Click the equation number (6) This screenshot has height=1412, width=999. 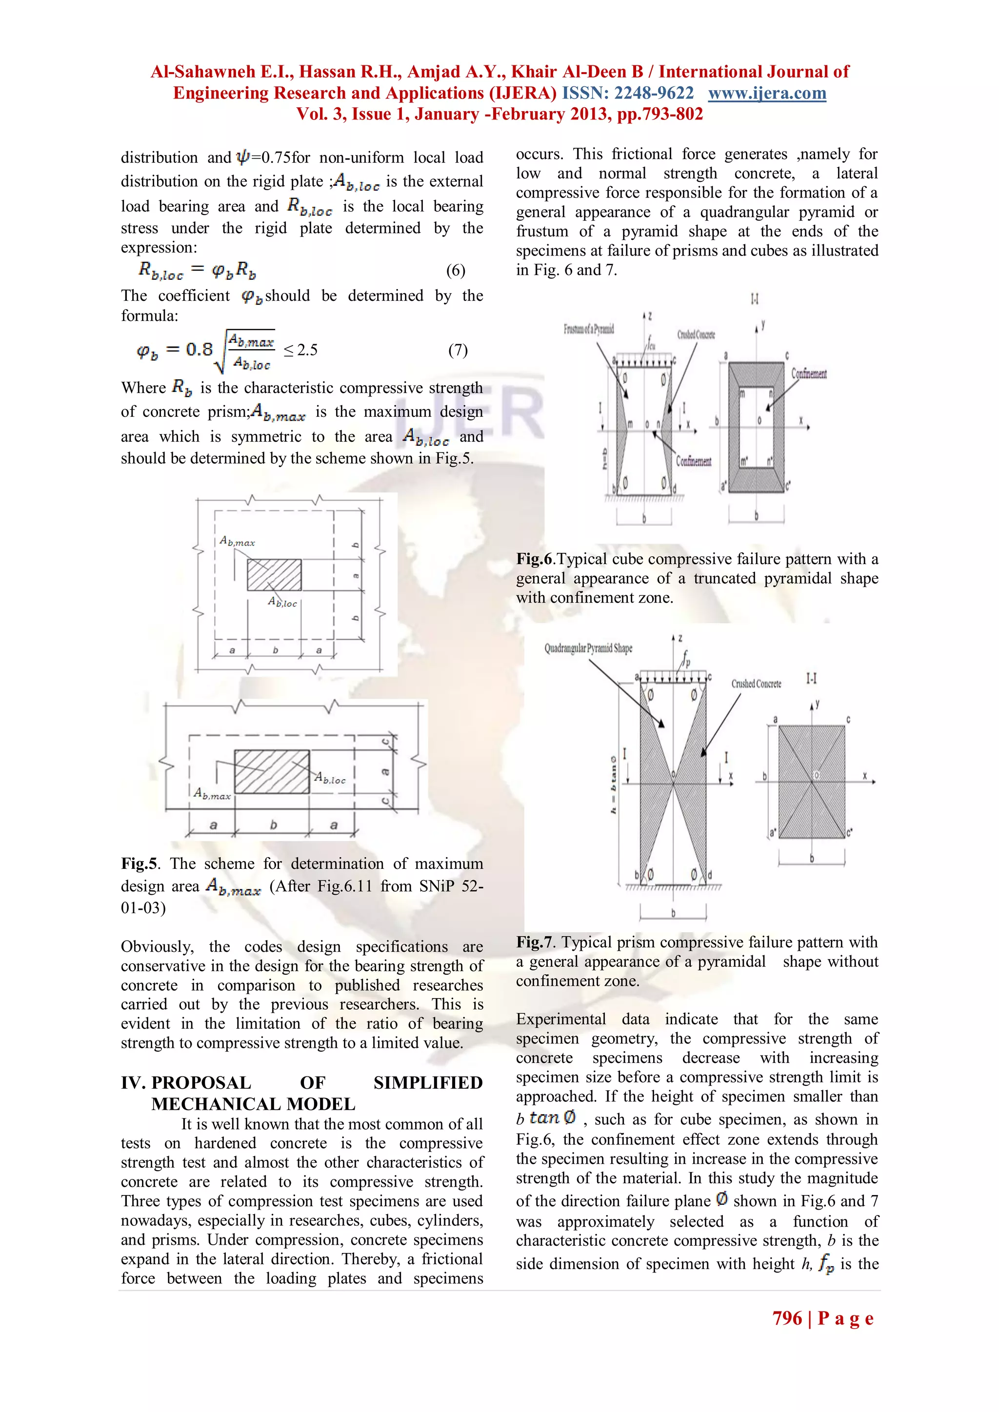pos(455,271)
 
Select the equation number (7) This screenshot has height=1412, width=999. pos(457,351)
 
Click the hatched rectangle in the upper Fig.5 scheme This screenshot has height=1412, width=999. pos(274,574)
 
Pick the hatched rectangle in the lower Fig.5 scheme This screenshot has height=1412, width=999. pos(271,771)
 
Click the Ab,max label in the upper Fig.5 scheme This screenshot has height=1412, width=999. pos(237,542)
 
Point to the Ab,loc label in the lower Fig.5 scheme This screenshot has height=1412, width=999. pos(330,779)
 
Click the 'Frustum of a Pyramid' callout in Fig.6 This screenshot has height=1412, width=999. pos(589,329)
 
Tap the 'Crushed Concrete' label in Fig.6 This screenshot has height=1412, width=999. pos(696,335)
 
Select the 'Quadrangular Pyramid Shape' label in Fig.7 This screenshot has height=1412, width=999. pos(588,648)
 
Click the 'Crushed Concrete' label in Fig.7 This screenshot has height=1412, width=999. pos(756,684)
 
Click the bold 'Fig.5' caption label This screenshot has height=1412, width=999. pos(139,863)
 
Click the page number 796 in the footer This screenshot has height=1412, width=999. pos(787,1318)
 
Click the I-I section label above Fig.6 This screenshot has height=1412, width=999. pos(754,299)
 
